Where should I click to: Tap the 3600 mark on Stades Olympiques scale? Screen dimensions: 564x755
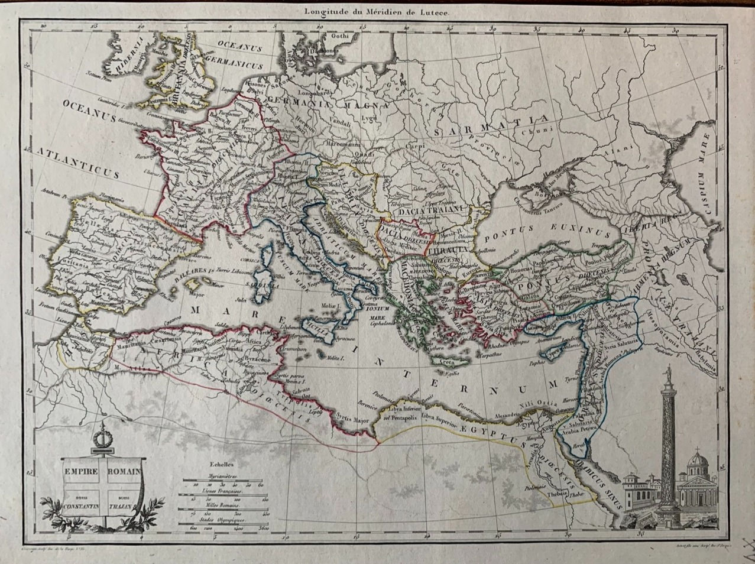click(x=264, y=528)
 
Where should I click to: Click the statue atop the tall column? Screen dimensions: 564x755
click(x=668, y=374)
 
